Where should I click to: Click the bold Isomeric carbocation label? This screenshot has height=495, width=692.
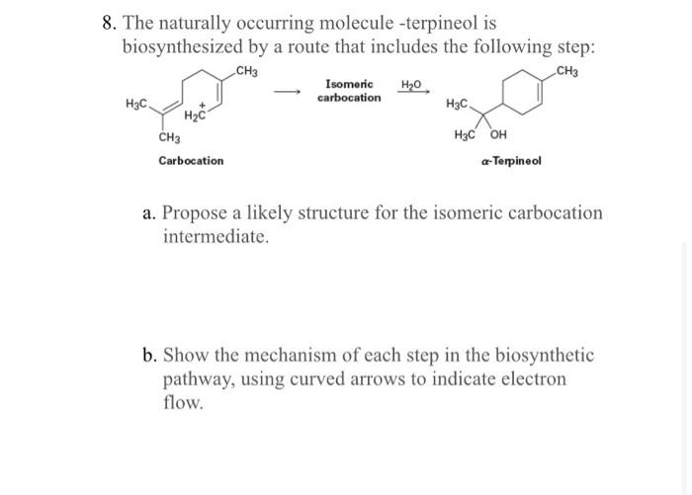click(x=348, y=91)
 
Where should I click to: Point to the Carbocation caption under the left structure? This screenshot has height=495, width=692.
click(x=191, y=160)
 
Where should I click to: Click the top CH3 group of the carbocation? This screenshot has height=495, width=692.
click(x=247, y=70)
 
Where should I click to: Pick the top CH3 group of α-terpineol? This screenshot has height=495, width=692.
click(x=569, y=70)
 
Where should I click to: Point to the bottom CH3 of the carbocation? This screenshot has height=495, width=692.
click(x=169, y=137)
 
